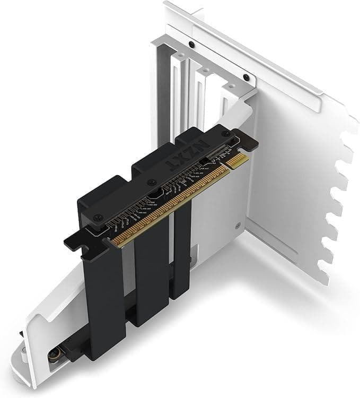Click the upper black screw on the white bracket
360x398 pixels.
[x=191, y=44]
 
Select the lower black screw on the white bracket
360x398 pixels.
[x=247, y=77]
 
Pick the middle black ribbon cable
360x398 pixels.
[x=151, y=276]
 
